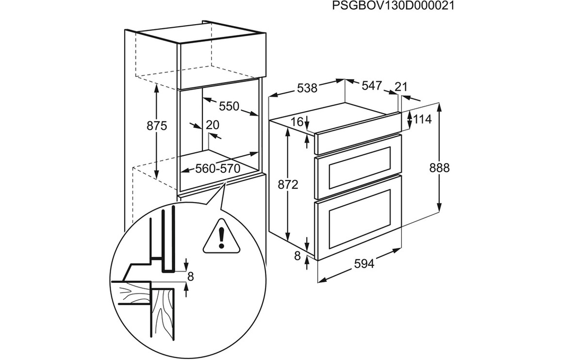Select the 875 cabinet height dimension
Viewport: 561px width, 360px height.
(157, 126)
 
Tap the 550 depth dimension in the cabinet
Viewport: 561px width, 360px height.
(229, 106)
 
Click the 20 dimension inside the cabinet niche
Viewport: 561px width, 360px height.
(213, 125)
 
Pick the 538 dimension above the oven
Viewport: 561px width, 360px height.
(307, 88)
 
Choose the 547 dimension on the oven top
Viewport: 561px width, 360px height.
(372, 86)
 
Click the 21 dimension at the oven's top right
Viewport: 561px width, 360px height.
(401, 86)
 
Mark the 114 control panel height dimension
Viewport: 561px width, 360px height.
(422, 119)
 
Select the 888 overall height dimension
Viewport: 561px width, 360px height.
(440, 167)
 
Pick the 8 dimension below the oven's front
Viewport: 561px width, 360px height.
(297, 255)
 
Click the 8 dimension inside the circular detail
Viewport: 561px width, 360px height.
(190, 276)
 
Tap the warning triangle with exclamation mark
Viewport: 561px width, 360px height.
(222, 237)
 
